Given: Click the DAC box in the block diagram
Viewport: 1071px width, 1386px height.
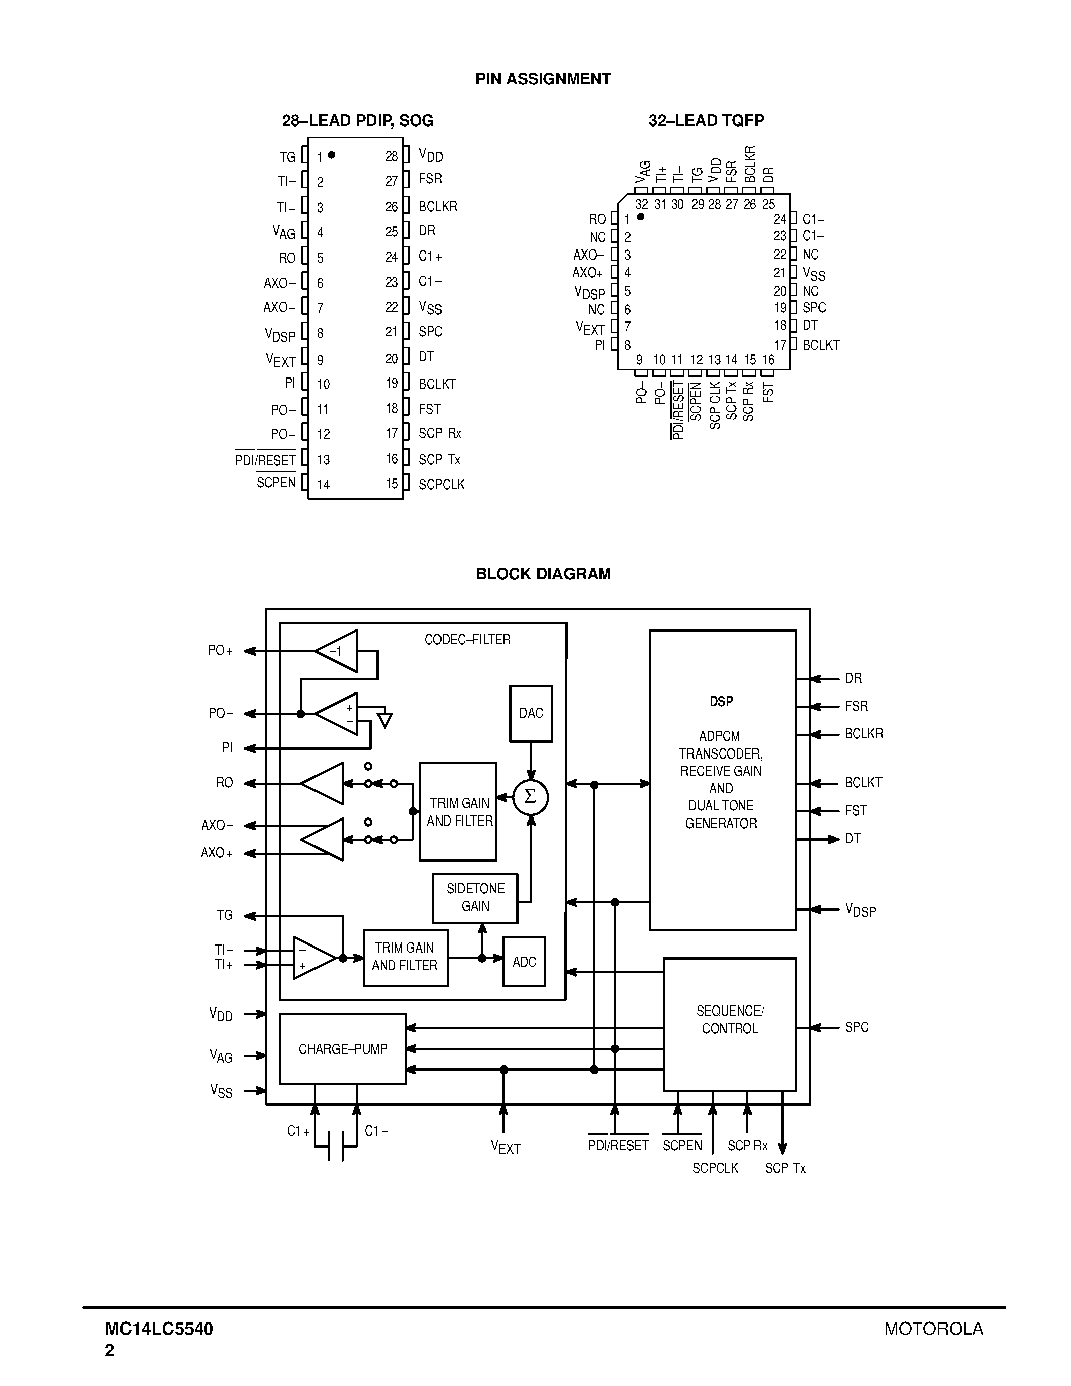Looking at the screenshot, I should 531,713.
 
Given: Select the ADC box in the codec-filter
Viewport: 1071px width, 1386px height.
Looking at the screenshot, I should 524,962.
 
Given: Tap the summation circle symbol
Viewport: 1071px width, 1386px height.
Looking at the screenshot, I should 530,798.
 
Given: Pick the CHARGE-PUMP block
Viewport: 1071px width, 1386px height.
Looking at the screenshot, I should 343,1049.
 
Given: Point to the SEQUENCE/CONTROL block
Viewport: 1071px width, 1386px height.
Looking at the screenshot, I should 730,1020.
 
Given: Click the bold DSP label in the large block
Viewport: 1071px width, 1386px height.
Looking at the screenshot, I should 721,701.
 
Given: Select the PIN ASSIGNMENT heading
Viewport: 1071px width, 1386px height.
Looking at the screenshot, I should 543,79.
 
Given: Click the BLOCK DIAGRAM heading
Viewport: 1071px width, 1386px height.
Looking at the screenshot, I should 543,574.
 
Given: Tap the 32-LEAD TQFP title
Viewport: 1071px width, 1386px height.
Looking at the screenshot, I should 706,120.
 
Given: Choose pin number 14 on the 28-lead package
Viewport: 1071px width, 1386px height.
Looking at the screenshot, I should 324,485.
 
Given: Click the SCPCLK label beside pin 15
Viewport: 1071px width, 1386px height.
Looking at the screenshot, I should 442,485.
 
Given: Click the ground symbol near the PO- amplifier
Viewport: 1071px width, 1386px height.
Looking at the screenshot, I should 385,720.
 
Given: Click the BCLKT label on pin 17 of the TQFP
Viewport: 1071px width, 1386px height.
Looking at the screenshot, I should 821,345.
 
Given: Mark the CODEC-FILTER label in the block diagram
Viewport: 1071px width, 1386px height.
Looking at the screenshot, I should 468,640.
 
